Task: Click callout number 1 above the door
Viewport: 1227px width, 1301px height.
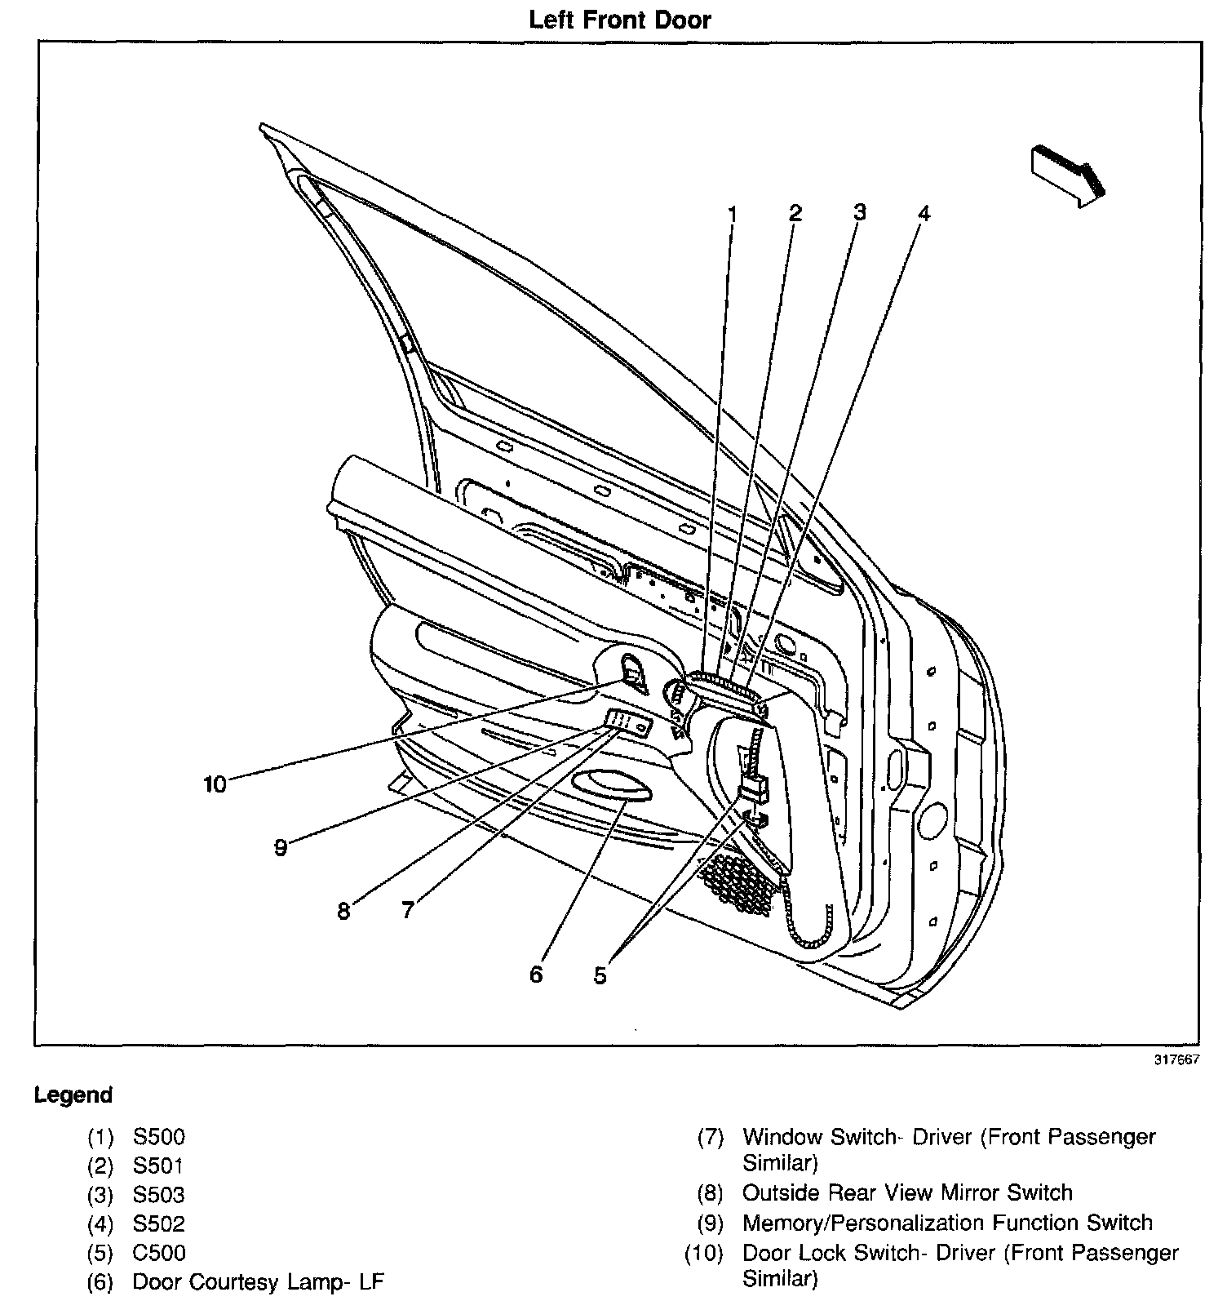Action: click(732, 214)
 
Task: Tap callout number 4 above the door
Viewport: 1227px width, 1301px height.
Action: click(924, 214)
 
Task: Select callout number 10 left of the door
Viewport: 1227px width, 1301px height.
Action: click(215, 784)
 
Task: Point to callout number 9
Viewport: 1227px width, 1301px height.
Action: click(281, 848)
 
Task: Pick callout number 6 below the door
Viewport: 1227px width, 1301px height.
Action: click(536, 975)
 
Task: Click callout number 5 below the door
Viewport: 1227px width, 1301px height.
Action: click(600, 975)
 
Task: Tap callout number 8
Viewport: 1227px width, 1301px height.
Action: click(343, 911)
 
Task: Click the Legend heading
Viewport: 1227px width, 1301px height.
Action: click(73, 1095)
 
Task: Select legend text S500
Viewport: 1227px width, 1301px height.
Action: click(159, 1137)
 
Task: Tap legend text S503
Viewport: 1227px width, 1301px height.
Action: click(159, 1195)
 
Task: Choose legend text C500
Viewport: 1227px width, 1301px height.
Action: click(159, 1253)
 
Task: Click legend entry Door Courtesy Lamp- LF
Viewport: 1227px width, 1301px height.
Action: click(258, 1282)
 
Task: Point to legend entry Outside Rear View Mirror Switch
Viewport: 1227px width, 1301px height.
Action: click(906, 1193)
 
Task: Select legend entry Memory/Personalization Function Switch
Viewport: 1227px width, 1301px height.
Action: click(947, 1223)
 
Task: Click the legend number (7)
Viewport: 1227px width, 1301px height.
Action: click(711, 1137)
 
